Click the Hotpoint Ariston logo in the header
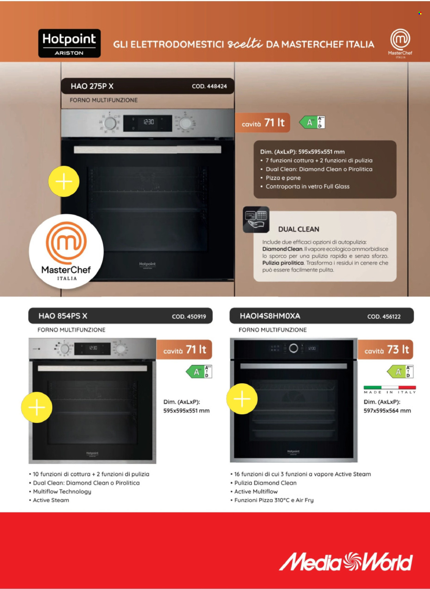(69, 43)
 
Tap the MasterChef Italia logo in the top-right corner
(400, 43)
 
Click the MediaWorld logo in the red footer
(346, 561)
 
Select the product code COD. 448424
(209, 86)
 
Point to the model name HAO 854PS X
(63, 316)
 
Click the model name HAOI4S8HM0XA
(270, 316)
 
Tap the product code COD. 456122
(384, 317)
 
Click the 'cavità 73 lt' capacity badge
(386, 350)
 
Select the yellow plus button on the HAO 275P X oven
(64, 182)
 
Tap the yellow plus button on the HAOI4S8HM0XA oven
(242, 399)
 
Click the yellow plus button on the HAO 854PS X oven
(37, 407)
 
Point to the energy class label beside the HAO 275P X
(312, 122)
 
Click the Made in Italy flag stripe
(390, 388)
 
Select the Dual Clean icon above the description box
(256, 220)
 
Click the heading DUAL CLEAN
(299, 229)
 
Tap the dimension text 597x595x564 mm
(387, 411)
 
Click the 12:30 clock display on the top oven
(149, 122)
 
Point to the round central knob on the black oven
(293, 348)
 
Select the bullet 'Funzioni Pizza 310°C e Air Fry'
(274, 500)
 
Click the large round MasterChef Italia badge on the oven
(66, 251)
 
